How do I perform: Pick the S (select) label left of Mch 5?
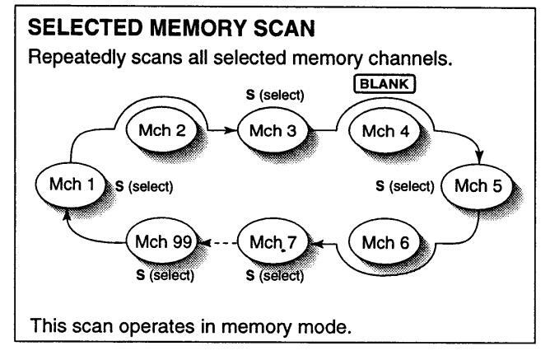pyautogui.click(x=405, y=185)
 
